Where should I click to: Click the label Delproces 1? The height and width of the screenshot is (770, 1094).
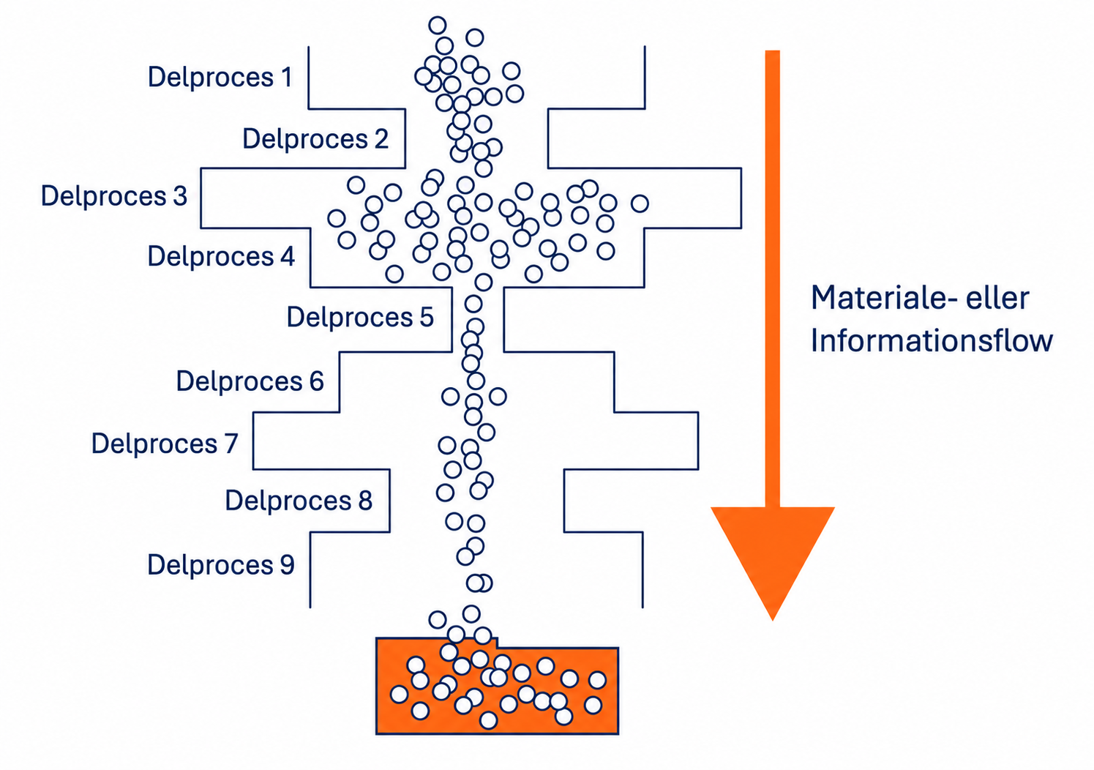click(x=220, y=77)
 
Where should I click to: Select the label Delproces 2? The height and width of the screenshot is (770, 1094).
click(x=315, y=139)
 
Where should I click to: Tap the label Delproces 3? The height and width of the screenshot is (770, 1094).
click(x=114, y=196)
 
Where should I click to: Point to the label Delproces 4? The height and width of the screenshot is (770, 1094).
click(x=221, y=256)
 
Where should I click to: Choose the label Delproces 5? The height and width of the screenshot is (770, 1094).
click(x=360, y=317)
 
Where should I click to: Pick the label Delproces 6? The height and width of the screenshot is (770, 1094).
click(x=250, y=381)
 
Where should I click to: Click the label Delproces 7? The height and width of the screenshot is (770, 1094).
click(x=165, y=444)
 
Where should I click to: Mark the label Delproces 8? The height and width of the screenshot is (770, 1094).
click(x=299, y=501)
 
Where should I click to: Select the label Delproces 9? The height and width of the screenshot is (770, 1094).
click(x=221, y=565)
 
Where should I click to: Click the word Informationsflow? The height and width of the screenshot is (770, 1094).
click(x=932, y=340)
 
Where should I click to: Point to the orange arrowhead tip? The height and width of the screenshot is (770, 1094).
click(x=773, y=621)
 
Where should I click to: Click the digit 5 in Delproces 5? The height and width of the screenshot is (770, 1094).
click(x=427, y=317)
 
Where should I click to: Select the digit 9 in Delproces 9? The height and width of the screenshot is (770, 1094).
click(x=287, y=565)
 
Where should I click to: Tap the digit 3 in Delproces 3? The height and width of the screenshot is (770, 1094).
click(x=180, y=196)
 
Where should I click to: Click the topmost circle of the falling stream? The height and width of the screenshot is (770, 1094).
click(x=437, y=25)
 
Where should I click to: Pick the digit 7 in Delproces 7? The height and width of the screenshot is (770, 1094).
click(x=231, y=444)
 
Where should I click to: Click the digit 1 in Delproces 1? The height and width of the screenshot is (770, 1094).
click(x=286, y=77)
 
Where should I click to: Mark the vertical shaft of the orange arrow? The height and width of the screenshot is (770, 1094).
click(x=773, y=278)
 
